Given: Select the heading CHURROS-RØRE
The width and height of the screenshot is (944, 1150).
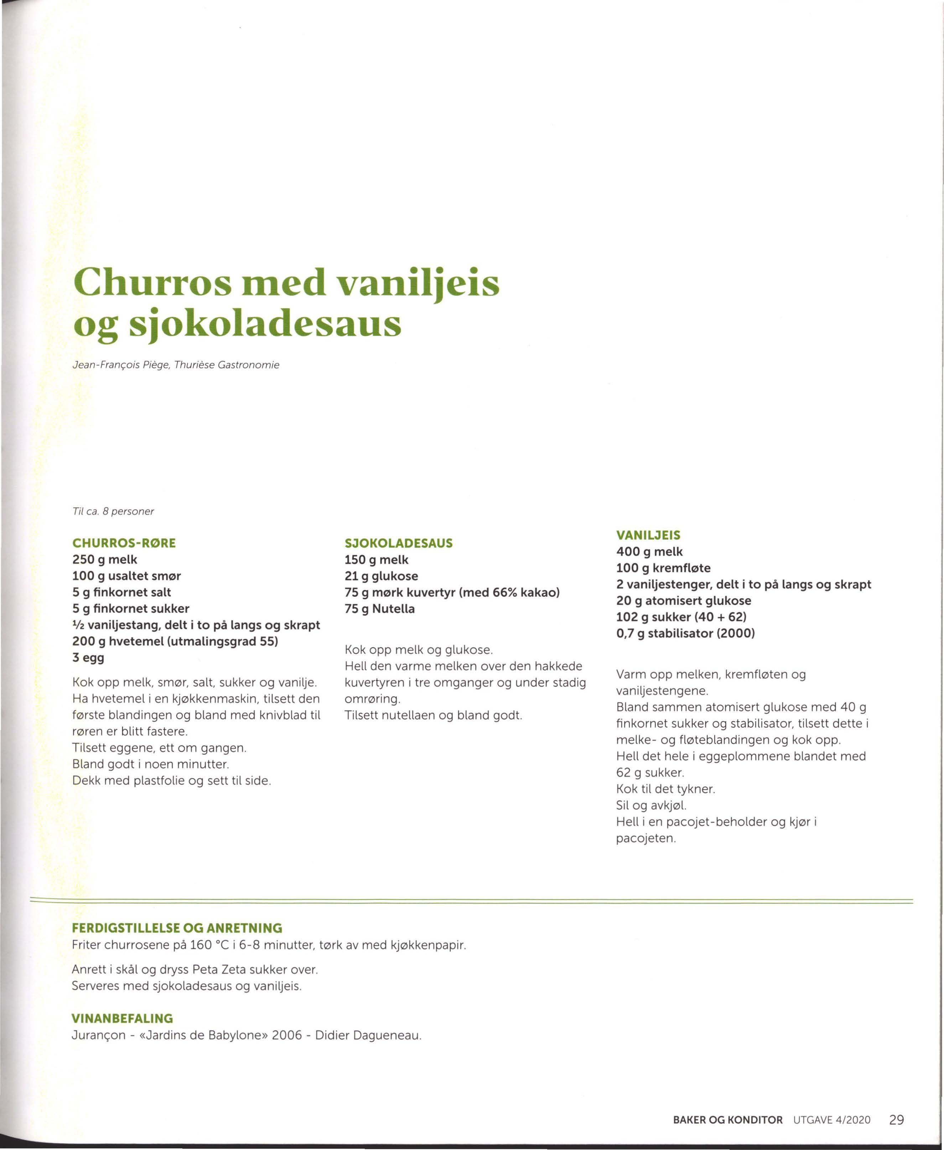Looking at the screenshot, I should click(124, 543).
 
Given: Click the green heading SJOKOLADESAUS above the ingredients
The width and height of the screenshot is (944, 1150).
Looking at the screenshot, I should click(399, 543).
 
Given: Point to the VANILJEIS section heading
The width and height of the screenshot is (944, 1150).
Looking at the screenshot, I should click(648, 535).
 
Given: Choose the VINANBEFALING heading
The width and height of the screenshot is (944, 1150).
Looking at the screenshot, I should click(122, 1018).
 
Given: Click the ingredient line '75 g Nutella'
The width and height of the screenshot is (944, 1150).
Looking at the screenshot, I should click(379, 609).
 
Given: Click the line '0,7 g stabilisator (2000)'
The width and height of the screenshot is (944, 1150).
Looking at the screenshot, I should click(685, 633).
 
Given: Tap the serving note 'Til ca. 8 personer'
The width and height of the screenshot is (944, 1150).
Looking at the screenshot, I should click(113, 512).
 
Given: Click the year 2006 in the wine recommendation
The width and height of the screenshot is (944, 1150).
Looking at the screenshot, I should click(286, 1035).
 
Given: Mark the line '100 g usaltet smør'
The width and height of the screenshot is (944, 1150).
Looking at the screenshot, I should click(127, 576).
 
